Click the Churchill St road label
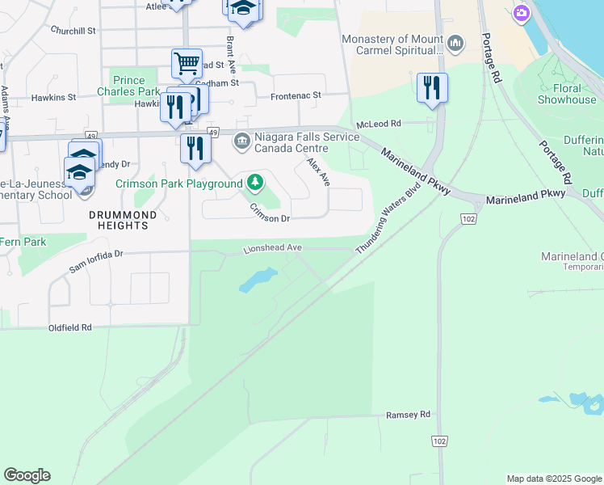(73, 30)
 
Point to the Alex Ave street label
(318, 172)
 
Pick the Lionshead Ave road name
(272, 249)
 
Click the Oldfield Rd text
(70, 328)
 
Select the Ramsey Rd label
(408, 415)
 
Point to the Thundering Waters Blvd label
(389, 221)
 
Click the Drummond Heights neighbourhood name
(119, 220)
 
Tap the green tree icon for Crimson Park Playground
(255, 183)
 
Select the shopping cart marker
(187, 62)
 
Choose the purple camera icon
(522, 12)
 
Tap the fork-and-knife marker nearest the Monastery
(432, 86)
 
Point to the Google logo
(27, 475)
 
